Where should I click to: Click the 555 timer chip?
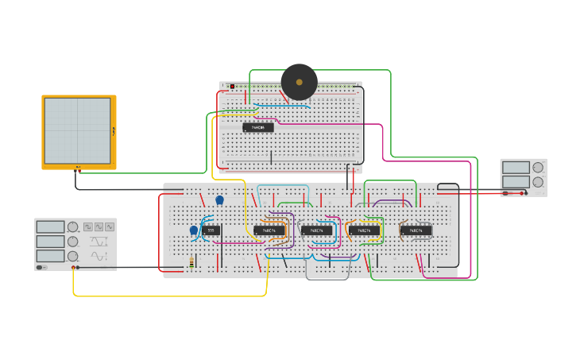pos(211,230)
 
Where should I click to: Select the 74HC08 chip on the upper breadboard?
pos(258,127)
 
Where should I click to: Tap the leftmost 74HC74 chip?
pos(269,230)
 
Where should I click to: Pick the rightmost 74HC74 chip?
pos(416,230)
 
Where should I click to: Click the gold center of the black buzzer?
pos(300,82)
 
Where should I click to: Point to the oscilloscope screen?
pos(78,130)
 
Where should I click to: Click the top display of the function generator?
pos(50,227)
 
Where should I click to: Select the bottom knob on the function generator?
pos(73,256)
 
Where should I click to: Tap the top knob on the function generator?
pos(73,227)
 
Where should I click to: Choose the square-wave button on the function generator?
pos(88,226)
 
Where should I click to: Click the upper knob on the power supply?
pos(538,168)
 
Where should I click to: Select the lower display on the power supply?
pos(516,182)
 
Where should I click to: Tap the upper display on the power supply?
pos(516,168)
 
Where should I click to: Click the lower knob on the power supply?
pos(538,182)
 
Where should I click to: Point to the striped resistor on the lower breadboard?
pos(191,263)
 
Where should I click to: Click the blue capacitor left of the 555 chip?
pos(194,230)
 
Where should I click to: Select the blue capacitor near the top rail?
pos(220,200)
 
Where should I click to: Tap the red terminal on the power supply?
pos(523,193)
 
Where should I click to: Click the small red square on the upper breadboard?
pos(232,86)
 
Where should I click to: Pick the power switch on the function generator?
pos(42,267)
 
